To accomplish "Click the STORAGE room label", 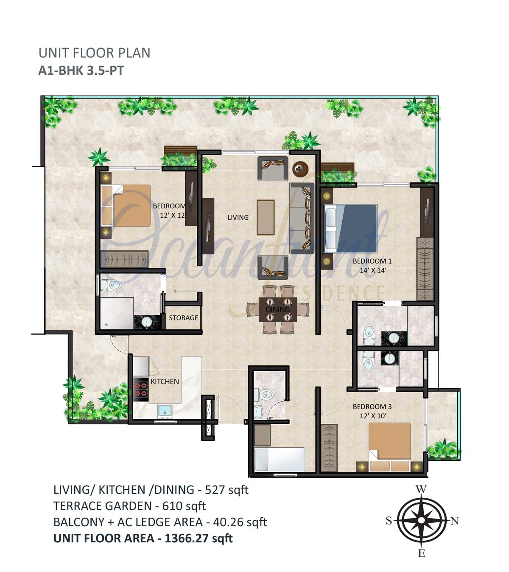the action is [183, 318].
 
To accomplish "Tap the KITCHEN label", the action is [165, 382].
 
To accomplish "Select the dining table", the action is [278, 309].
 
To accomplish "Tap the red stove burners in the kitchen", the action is [140, 390].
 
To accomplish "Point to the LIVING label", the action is [238, 217].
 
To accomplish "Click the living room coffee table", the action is [266, 217].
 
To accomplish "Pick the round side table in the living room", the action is [300, 169].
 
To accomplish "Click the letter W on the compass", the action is [421, 489].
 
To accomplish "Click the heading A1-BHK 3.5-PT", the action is [81, 70].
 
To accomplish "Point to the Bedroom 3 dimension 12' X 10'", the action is [373, 415].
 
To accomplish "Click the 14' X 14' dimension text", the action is [373, 270].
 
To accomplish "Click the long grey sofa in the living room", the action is [302, 218].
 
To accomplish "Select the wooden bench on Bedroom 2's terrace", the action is [181, 150].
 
